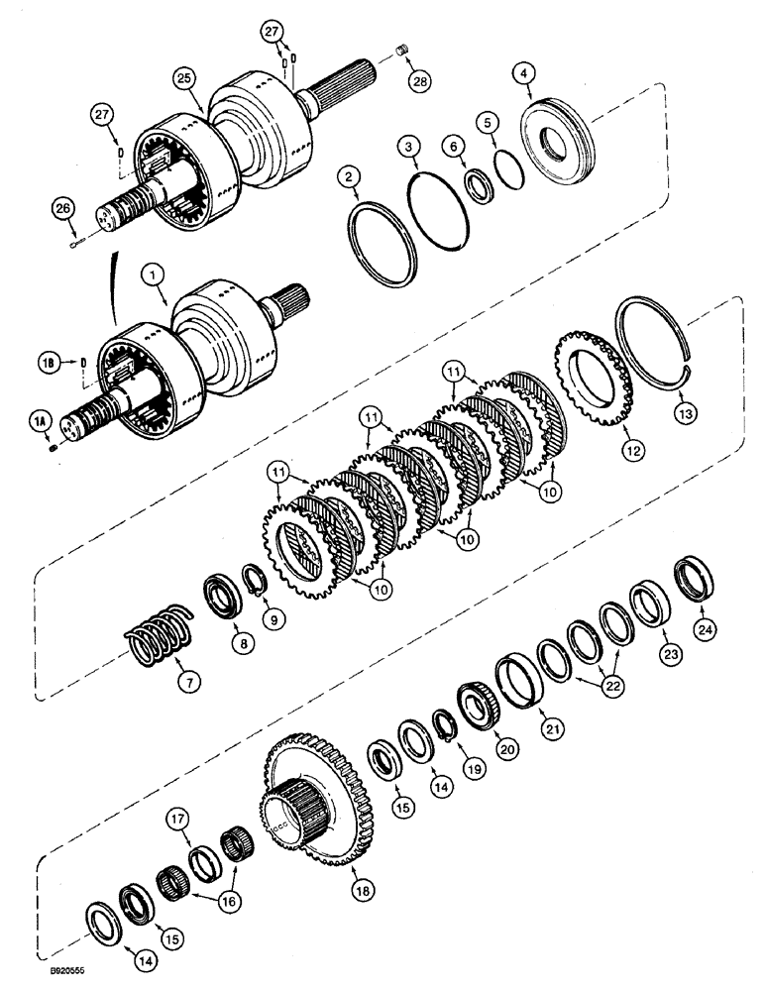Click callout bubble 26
tap(61, 208)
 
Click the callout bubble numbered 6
tap(454, 145)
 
